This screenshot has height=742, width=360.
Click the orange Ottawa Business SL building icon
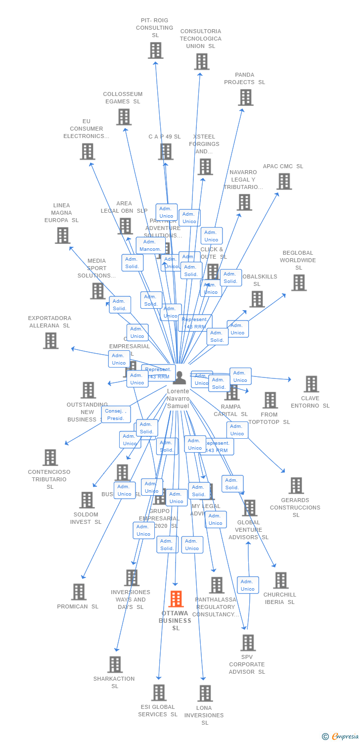click(x=176, y=599)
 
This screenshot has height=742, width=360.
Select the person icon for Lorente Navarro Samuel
click(x=179, y=378)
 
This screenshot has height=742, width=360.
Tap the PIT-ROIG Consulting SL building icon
click(x=155, y=50)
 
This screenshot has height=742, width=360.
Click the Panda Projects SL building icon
click(x=245, y=97)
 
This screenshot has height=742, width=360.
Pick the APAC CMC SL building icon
click(x=284, y=182)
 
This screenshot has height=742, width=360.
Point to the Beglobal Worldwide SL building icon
click(x=298, y=283)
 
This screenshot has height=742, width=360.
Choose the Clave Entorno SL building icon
click(x=311, y=384)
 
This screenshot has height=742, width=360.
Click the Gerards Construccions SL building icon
click(x=296, y=486)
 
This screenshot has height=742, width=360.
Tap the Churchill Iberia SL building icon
click(x=280, y=580)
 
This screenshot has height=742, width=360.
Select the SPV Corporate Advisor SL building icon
click(x=247, y=643)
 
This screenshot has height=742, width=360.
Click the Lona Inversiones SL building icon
click(x=205, y=693)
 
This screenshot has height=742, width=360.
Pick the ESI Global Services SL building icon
click(x=159, y=693)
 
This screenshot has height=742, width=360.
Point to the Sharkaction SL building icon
click(x=115, y=664)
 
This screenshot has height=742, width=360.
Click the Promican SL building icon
click(x=79, y=592)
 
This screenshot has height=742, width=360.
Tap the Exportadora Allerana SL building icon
click(x=50, y=340)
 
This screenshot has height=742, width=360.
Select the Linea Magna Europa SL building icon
click(x=62, y=235)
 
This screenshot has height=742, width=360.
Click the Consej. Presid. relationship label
click(x=116, y=415)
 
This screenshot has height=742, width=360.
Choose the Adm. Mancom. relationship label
click(x=150, y=245)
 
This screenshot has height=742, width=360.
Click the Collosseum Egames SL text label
click(x=123, y=97)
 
